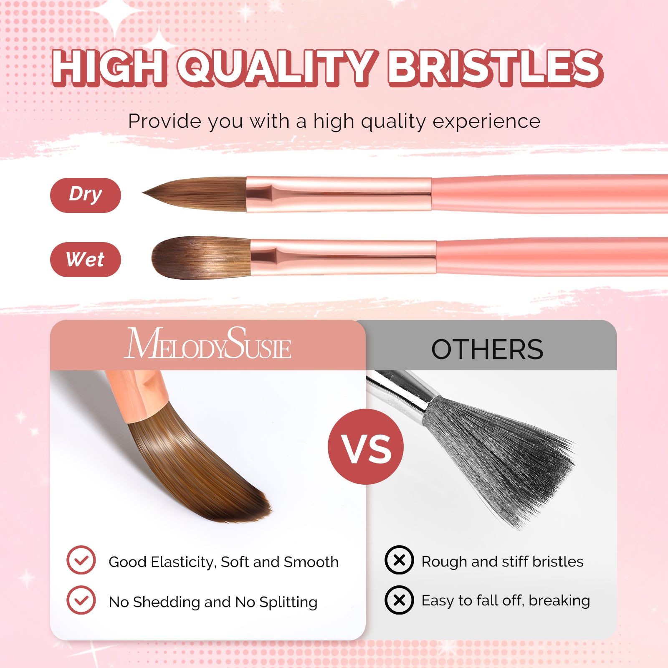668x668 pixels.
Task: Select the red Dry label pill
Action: coord(85,195)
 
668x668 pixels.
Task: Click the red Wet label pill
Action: coord(85,259)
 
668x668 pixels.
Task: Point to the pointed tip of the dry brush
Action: coord(146,193)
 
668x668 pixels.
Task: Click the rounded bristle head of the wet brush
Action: coord(196,258)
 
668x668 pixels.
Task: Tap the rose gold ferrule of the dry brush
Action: coord(338,194)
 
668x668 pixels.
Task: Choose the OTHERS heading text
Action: coord(487,349)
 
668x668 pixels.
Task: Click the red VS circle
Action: coord(366,447)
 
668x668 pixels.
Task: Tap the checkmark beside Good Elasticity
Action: coord(81,560)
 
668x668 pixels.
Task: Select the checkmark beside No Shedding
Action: coord(81,600)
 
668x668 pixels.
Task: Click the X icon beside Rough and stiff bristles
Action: coord(399,560)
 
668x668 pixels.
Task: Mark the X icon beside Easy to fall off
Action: coord(399,600)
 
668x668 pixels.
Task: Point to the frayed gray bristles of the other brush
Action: coord(509,463)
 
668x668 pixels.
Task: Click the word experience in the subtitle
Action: coord(486,121)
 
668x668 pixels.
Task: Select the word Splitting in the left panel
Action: coord(288,602)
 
